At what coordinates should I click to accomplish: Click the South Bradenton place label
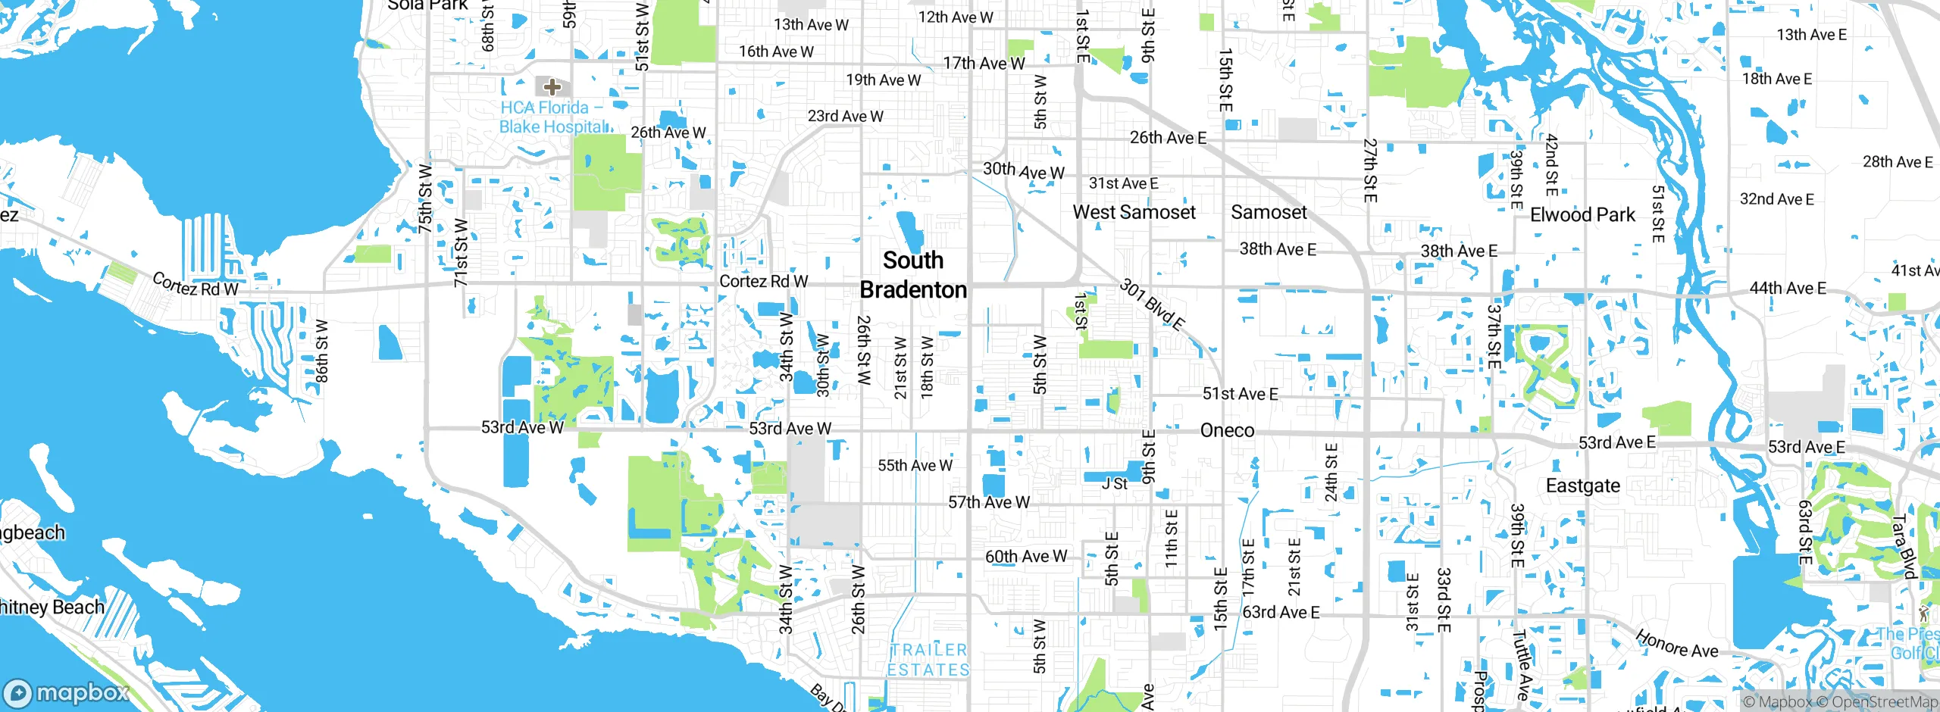[x=913, y=275]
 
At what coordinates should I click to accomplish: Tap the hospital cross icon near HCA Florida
[x=552, y=87]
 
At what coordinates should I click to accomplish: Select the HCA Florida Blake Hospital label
[x=553, y=117]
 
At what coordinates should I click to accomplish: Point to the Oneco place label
[x=1227, y=430]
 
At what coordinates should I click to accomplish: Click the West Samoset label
[x=1134, y=212]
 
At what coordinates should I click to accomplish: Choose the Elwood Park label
[x=1582, y=215]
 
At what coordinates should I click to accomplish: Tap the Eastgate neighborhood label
[x=1582, y=486]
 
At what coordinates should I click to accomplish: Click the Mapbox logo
[x=67, y=692]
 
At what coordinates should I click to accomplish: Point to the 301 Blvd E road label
[x=1152, y=304]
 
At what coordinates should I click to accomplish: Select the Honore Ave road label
[x=1676, y=644]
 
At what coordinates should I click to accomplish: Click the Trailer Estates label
[x=929, y=660]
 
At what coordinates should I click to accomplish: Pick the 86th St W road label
[x=321, y=350]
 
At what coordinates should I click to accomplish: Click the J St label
[x=1115, y=484]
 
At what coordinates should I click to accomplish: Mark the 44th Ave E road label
[x=1787, y=289]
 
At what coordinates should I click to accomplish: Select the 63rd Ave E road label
[x=1281, y=612]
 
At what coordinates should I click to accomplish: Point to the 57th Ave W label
[x=989, y=502]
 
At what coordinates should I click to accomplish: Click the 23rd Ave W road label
[x=845, y=116]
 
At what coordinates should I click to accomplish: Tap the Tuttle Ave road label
[x=1520, y=665]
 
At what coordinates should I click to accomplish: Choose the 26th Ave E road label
[x=1168, y=138]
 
